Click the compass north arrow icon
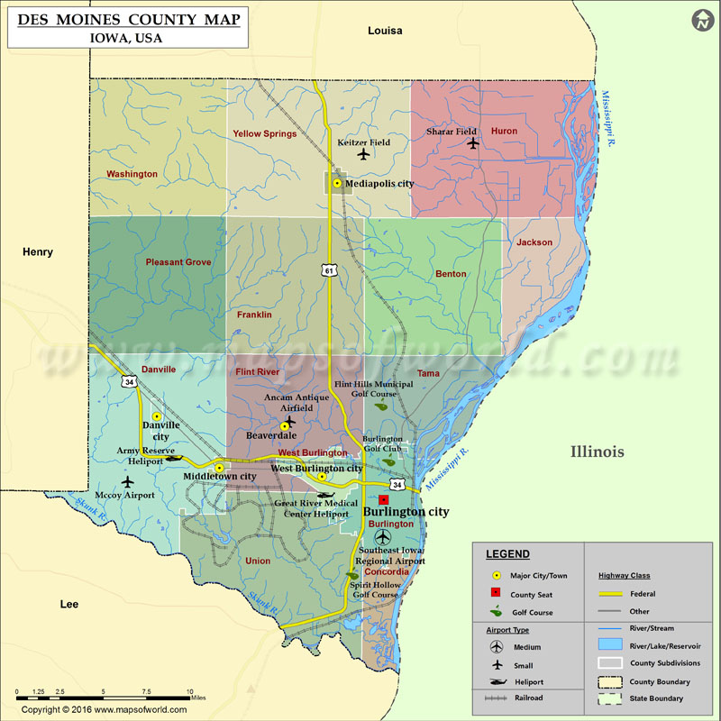pos(701,20)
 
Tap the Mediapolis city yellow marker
pos(337,184)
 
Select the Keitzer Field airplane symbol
pos(364,154)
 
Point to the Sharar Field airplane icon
pos(473,142)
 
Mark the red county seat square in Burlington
pos(384,498)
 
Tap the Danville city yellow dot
pos(157,416)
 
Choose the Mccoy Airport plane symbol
pos(127,483)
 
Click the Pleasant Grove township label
pos(178,262)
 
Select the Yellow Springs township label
pos(265,134)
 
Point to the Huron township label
pos(504,132)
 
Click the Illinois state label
pos(596,452)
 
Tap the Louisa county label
pos(385,31)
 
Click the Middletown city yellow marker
pos(219,468)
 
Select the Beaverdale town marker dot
pos(285,424)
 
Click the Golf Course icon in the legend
pos(496,613)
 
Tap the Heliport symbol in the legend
pos(496,681)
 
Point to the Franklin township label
pos(254,315)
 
